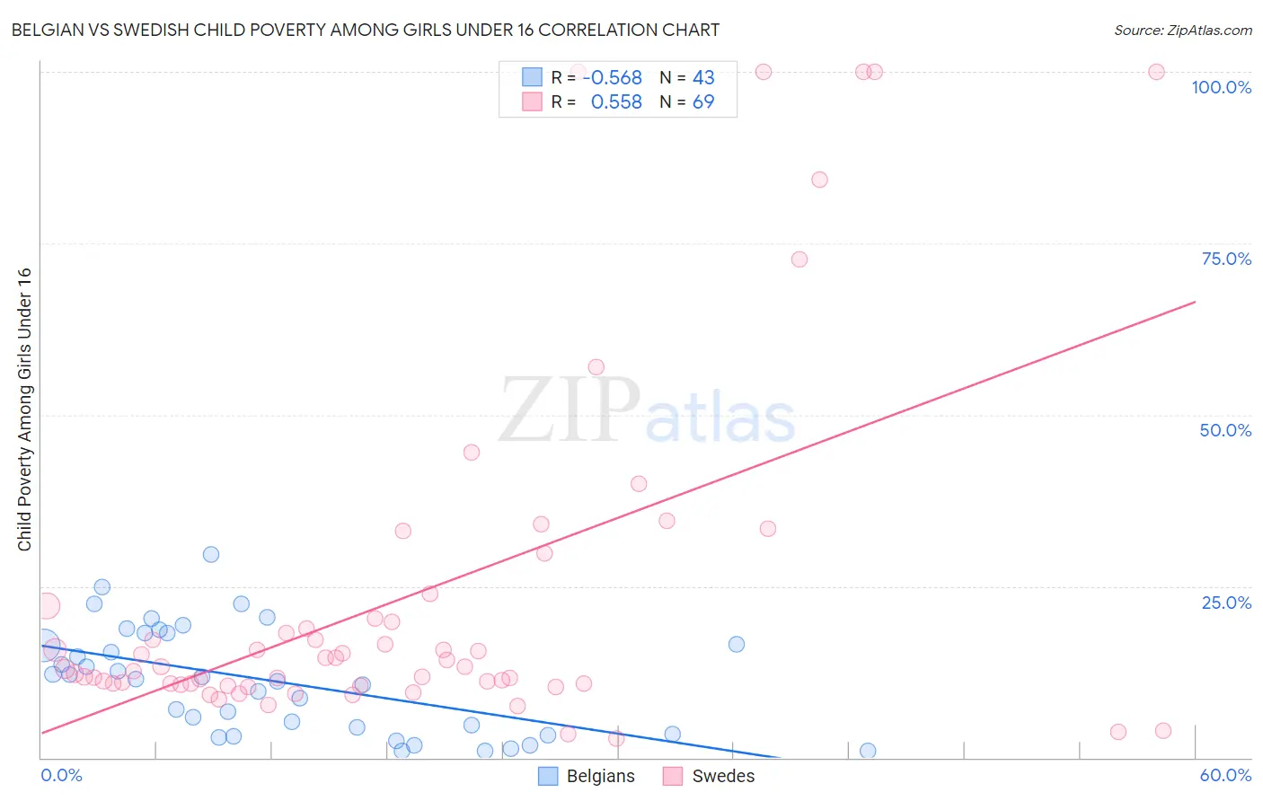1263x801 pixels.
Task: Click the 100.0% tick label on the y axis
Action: [1221, 87]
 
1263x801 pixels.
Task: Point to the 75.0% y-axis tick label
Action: [1226, 259]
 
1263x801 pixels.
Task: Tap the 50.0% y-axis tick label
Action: [1225, 430]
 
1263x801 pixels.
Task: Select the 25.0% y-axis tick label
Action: [1226, 603]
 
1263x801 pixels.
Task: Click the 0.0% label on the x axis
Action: [61, 775]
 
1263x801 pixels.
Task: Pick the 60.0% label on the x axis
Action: [1225, 775]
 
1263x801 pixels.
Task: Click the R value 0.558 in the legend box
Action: [616, 102]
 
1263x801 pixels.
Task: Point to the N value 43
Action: [703, 78]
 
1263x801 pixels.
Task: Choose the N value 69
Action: [703, 102]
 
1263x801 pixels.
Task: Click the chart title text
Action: [365, 30]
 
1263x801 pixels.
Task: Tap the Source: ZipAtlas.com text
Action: [1182, 30]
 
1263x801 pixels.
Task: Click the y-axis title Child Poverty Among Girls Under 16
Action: [24, 409]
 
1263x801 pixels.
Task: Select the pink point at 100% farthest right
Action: [1156, 72]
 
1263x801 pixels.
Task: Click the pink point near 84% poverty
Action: [819, 180]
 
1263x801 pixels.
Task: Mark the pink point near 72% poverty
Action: [799, 260]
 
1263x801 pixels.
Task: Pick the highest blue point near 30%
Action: [211, 554]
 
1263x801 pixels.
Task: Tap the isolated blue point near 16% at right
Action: [737, 644]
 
